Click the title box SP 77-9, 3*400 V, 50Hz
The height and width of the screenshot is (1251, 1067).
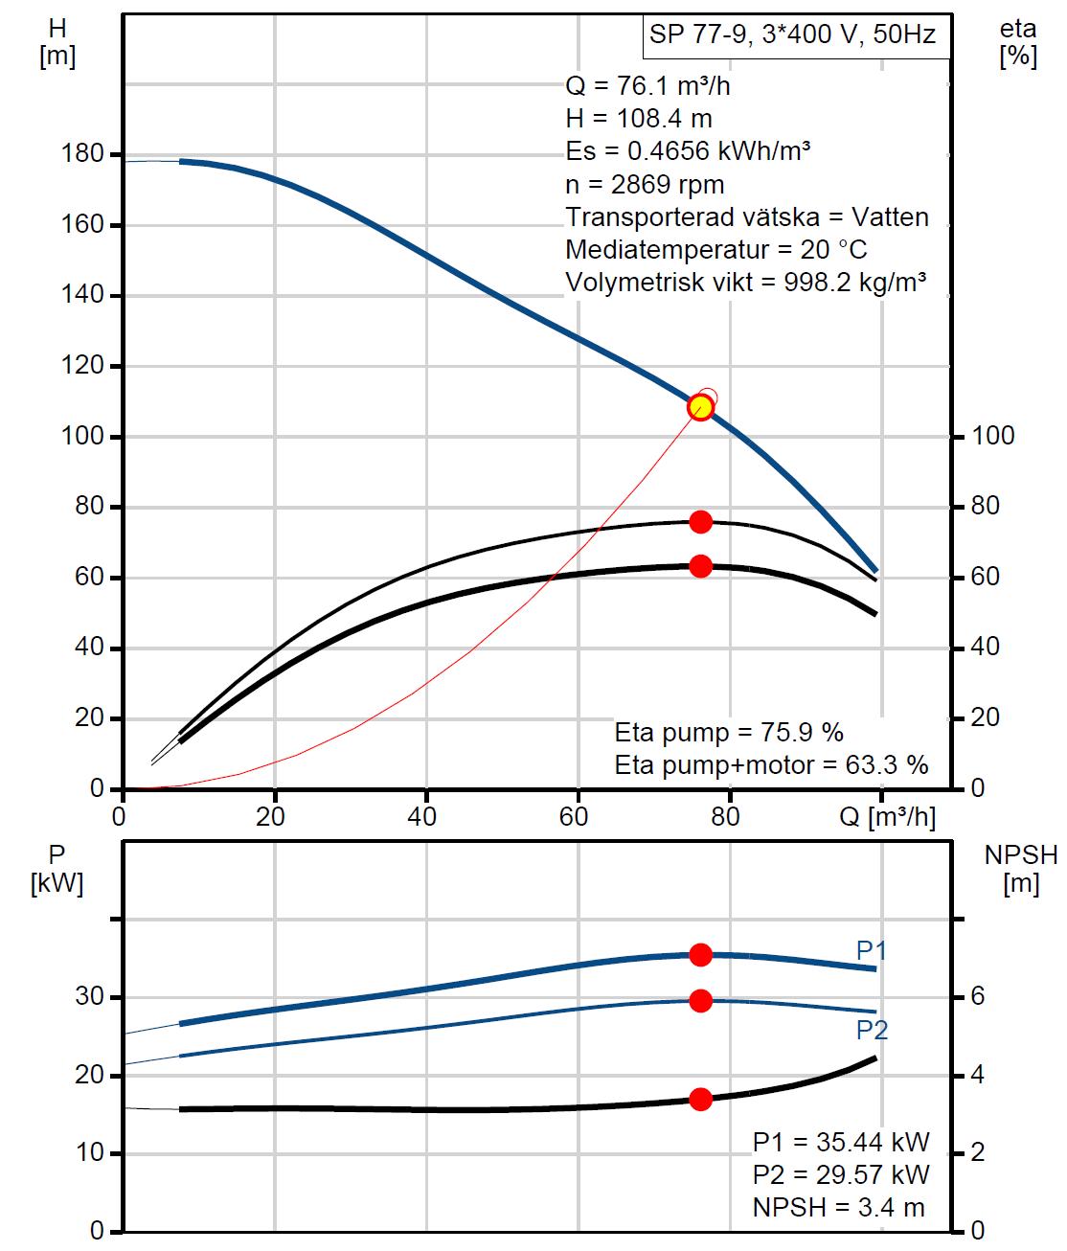(x=792, y=35)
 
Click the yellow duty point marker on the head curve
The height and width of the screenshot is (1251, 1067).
(x=700, y=407)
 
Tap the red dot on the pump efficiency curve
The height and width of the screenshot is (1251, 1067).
(x=700, y=521)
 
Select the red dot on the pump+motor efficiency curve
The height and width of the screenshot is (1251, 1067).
(x=700, y=566)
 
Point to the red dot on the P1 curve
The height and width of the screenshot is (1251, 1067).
(x=700, y=954)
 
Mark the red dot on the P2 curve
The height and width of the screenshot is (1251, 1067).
(x=700, y=1001)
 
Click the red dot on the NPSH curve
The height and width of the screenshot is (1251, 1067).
(x=700, y=1099)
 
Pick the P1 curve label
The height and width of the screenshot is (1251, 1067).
(x=872, y=950)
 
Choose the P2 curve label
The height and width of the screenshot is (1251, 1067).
(x=872, y=1030)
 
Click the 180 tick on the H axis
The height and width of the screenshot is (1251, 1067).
(x=82, y=154)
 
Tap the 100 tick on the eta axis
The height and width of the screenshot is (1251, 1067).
(x=993, y=436)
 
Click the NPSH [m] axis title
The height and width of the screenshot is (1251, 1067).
(x=1021, y=869)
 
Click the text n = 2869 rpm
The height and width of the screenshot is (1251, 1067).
(x=645, y=184)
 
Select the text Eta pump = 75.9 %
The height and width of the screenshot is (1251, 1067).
(x=729, y=733)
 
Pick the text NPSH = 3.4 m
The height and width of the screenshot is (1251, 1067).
(x=839, y=1207)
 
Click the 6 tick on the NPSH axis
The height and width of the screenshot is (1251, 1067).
(x=977, y=996)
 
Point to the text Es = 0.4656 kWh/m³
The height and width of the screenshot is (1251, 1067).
(x=689, y=151)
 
